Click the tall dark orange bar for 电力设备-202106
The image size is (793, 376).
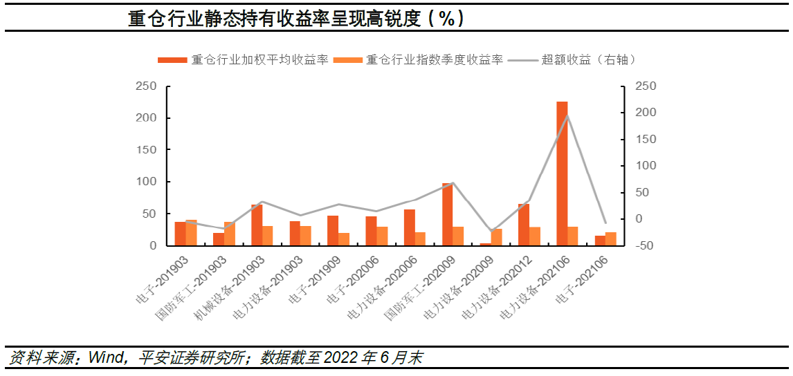[562, 173]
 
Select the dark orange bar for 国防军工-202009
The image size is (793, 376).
[447, 214]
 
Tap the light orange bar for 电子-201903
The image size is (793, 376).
[191, 233]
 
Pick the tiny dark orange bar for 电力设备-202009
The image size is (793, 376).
[485, 244]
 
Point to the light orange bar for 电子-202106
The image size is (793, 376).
[611, 239]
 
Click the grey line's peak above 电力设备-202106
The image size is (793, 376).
[567, 115]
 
